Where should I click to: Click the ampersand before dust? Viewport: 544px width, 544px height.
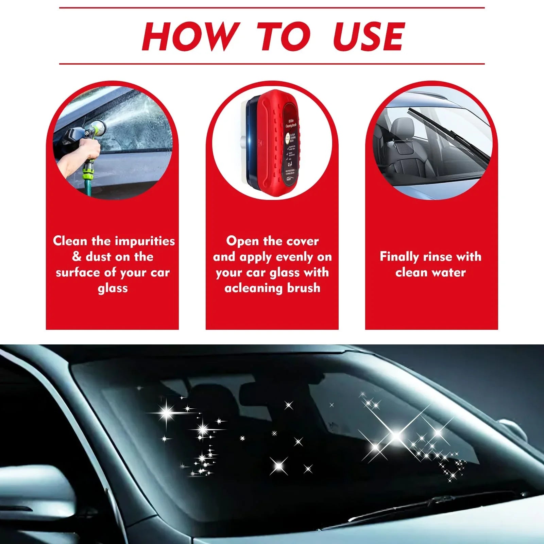point(77,256)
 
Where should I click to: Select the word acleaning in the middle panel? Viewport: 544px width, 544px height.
point(254,288)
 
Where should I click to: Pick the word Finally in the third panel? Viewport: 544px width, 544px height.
point(399,257)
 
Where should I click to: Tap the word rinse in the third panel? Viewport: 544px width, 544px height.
point(438,256)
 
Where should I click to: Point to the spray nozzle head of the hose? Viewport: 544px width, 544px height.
point(99,128)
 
